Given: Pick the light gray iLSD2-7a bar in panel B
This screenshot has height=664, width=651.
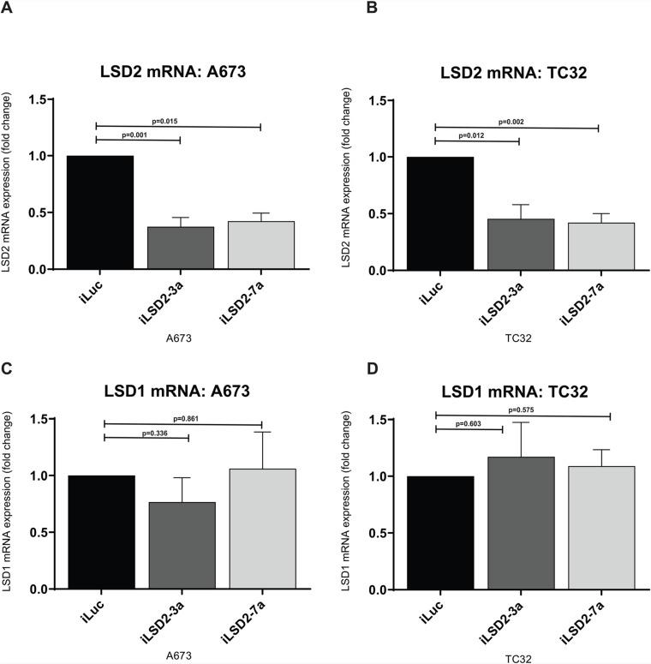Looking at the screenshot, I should pyautogui.click(x=600, y=247).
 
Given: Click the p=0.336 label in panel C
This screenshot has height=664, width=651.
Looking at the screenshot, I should pyautogui.click(x=144, y=433).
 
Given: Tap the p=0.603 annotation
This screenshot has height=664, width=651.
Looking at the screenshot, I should pyautogui.click(x=471, y=423).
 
